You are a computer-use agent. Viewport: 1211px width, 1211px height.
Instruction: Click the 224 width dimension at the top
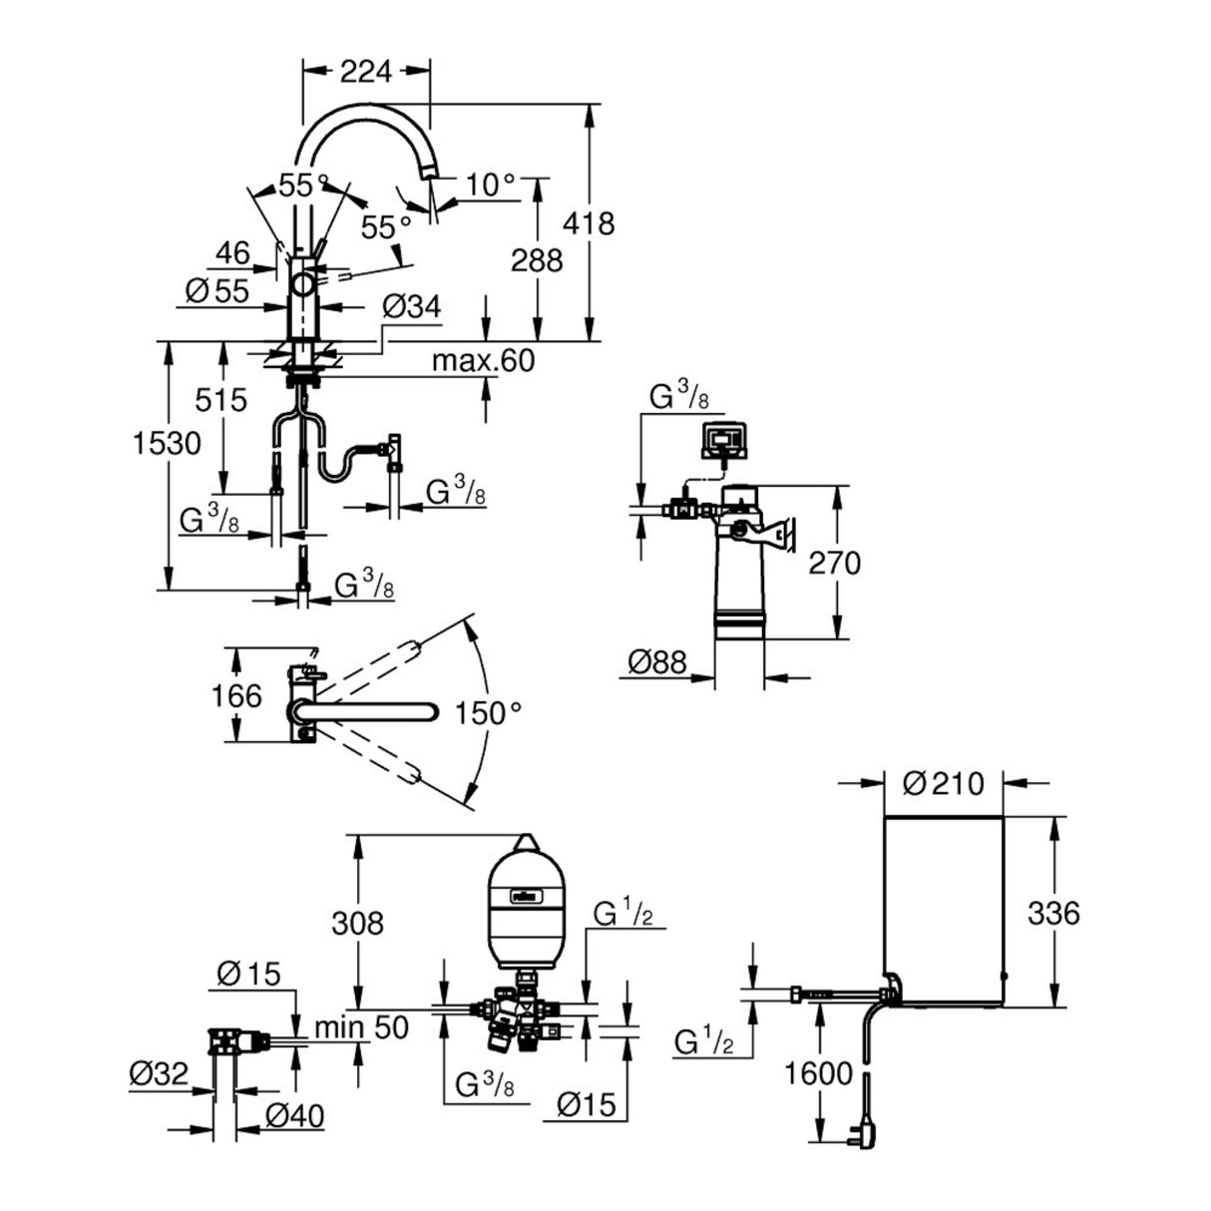click(x=366, y=70)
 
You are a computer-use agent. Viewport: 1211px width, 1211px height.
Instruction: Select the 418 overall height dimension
click(x=590, y=222)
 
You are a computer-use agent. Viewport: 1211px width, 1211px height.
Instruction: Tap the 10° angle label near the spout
click(x=491, y=184)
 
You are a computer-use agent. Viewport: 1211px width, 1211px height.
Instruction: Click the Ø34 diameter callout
click(x=411, y=308)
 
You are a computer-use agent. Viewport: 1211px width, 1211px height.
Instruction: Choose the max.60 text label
click(x=483, y=360)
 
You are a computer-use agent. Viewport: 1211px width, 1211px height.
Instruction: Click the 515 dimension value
click(x=221, y=400)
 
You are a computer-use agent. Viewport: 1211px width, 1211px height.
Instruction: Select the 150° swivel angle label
click(x=489, y=712)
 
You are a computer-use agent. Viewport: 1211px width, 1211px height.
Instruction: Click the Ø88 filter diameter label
click(x=657, y=661)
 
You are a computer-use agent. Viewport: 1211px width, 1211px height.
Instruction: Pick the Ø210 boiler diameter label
click(x=943, y=783)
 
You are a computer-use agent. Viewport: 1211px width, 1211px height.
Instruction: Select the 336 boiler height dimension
click(x=1051, y=912)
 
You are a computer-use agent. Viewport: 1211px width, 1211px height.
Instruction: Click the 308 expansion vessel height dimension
click(x=356, y=923)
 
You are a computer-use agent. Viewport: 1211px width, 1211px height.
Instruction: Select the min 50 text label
click(x=361, y=1026)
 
